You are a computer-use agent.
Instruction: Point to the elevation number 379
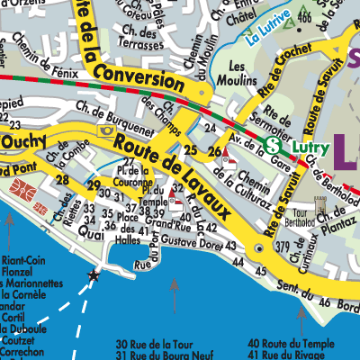pos(282,247)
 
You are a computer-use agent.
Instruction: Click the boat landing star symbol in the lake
pos(92,275)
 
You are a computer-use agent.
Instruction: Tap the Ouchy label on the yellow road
pos(22,141)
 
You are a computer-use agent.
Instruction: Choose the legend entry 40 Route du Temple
pos(297,343)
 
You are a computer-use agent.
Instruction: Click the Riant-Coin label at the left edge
pos(24,254)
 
